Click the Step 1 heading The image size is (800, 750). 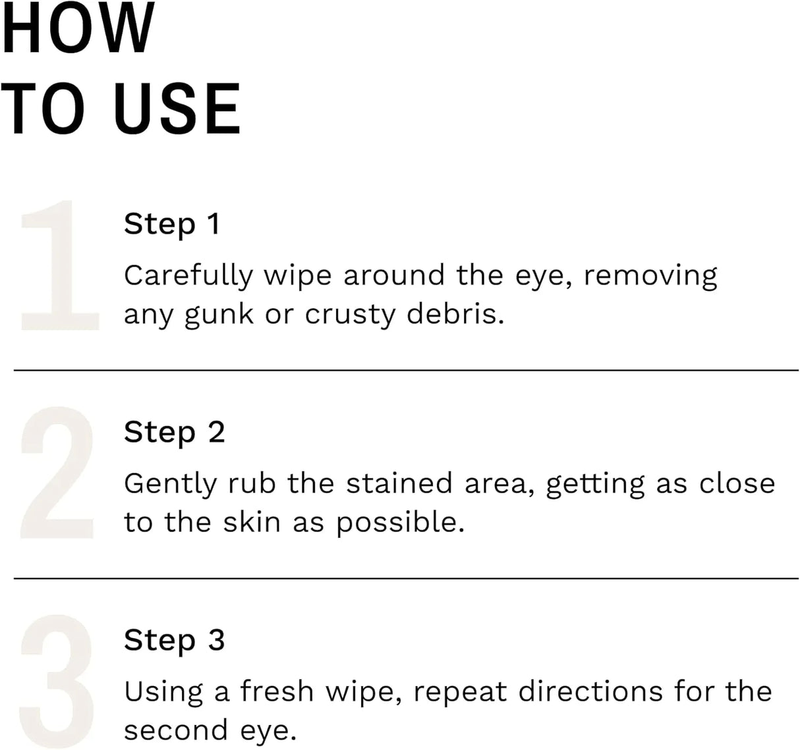click(171, 224)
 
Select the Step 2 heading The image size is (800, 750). click(174, 433)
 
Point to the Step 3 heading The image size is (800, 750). click(174, 641)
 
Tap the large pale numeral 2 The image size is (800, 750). click(58, 473)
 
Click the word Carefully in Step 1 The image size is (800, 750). click(188, 276)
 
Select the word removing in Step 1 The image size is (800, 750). click(650, 276)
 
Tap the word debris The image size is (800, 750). click(455, 313)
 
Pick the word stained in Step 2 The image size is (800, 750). click(399, 483)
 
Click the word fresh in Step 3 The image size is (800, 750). click(277, 691)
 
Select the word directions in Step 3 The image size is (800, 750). click(590, 691)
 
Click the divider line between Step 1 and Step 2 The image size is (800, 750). click(406, 371)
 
